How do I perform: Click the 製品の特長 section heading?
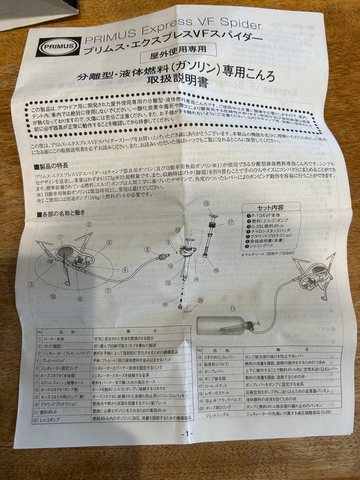[52, 167]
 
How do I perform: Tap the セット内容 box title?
[270, 207]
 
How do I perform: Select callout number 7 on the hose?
[108, 290]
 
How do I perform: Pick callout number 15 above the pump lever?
[206, 204]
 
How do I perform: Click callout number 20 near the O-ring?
[200, 300]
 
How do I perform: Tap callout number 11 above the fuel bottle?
[232, 308]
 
